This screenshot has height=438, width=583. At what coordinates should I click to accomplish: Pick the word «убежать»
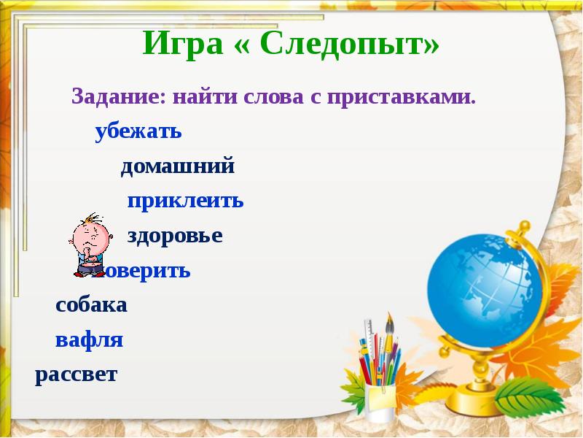(x=138, y=133)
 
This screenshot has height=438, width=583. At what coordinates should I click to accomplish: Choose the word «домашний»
(x=178, y=167)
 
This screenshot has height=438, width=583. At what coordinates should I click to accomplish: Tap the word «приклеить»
(x=185, y=201)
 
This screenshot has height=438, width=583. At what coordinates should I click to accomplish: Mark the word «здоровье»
(x=175, y=236)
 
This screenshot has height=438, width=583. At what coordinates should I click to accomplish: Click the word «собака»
(x=91, y=305)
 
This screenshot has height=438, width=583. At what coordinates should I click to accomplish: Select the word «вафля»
(x=89, y=340)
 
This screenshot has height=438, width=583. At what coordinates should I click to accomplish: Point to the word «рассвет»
(x=76, y=374)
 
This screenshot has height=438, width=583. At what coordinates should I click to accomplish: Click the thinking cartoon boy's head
(x=90, y=235)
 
